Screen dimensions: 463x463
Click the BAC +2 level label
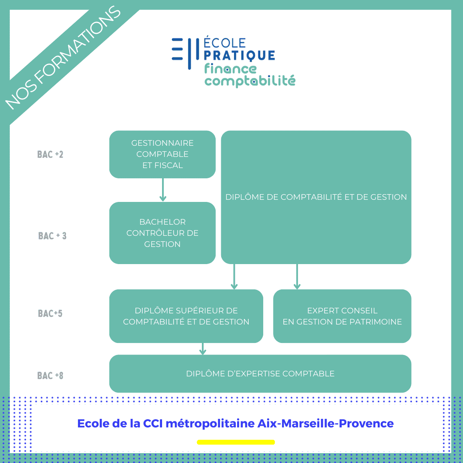pyautogui.click(x=50, y=154)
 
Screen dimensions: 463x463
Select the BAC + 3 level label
pyautogui.click(x=52, y=236)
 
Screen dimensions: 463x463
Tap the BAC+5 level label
pyautogui.click(x=50, y=313)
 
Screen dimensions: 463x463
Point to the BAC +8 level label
pyautogui.click(x=50, y=376)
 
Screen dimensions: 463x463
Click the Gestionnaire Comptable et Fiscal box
pyautogui.click(x=162, y=154)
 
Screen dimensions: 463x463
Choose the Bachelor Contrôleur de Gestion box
pyautogui.click(x=162, y=233)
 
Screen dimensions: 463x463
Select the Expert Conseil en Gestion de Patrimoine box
pyautogui.click(x=342, y=316)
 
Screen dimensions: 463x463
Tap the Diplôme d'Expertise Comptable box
pyautogui.click(x=260, y=373)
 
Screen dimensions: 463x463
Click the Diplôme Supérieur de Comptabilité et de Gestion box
pyautogui.click(x=186, y=316)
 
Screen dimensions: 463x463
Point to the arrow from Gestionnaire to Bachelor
pyautogui.click(x=162, y=189)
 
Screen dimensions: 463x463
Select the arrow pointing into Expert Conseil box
pyautogui.click(x=297, y=277)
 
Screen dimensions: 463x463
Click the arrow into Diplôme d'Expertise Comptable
pyautogui.click(x=203, y=349)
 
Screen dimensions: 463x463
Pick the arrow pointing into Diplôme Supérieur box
pyautogui.click(x=234, y=277)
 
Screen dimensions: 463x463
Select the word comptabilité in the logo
pyautogui.click(x=250, y=81)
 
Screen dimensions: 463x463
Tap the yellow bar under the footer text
pyautogui.click(x=236, y=442)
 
